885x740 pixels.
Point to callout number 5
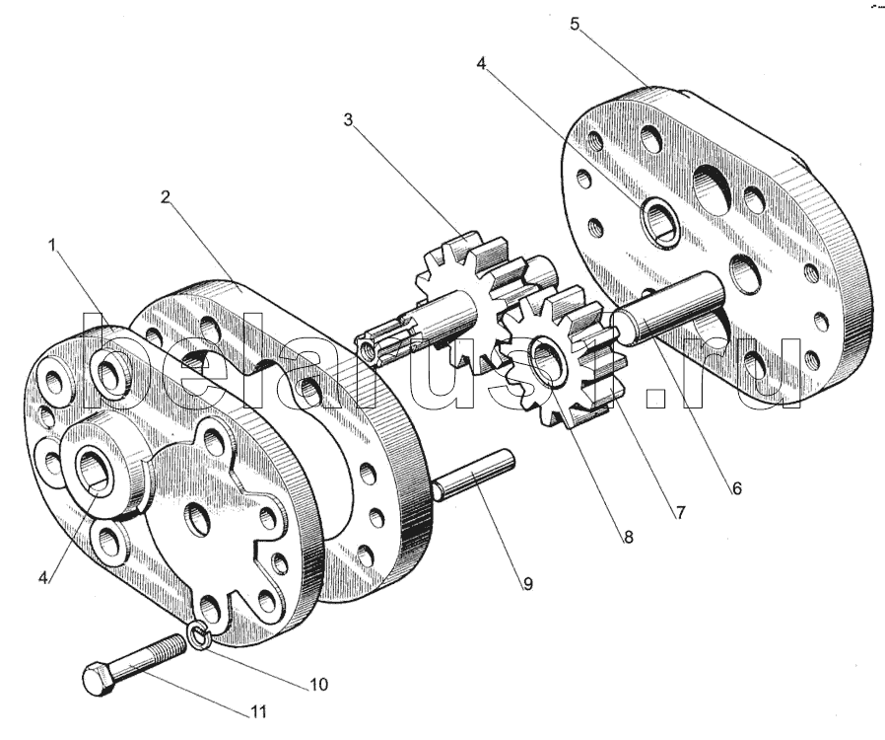pos(575,24)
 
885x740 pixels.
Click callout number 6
pos(736,487)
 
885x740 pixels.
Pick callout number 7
pos(679,512)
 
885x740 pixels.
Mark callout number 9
pos(527,583)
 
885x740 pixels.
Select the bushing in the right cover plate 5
pos(657,220)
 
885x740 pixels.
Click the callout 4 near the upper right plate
pos(481,63)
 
